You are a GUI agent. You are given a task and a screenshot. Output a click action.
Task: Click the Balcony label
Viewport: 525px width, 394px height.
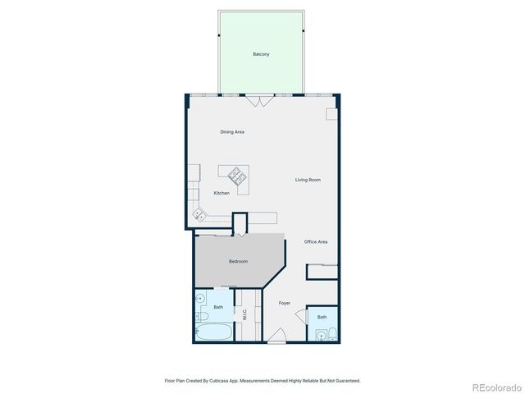(x=261, y=54)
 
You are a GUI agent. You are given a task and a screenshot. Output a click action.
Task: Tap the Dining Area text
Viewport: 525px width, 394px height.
(x=232, y=131)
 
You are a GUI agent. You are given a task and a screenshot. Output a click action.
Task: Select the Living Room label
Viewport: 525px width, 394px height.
(x=308, y=180)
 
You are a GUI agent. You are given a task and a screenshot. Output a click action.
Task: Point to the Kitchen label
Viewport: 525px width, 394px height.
(x=221, y=193)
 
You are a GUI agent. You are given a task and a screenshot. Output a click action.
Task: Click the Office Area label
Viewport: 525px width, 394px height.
(x=316, y=242)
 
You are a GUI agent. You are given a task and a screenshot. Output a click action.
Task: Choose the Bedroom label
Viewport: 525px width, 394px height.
(x=238, y=261)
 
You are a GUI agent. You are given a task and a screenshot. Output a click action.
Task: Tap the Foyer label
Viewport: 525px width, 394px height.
(x=285, y=303)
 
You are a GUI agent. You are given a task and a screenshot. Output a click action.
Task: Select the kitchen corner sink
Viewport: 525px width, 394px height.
(x=198, y=215)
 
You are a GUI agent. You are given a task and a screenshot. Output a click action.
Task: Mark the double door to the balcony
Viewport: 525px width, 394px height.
(x=261, y=100)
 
